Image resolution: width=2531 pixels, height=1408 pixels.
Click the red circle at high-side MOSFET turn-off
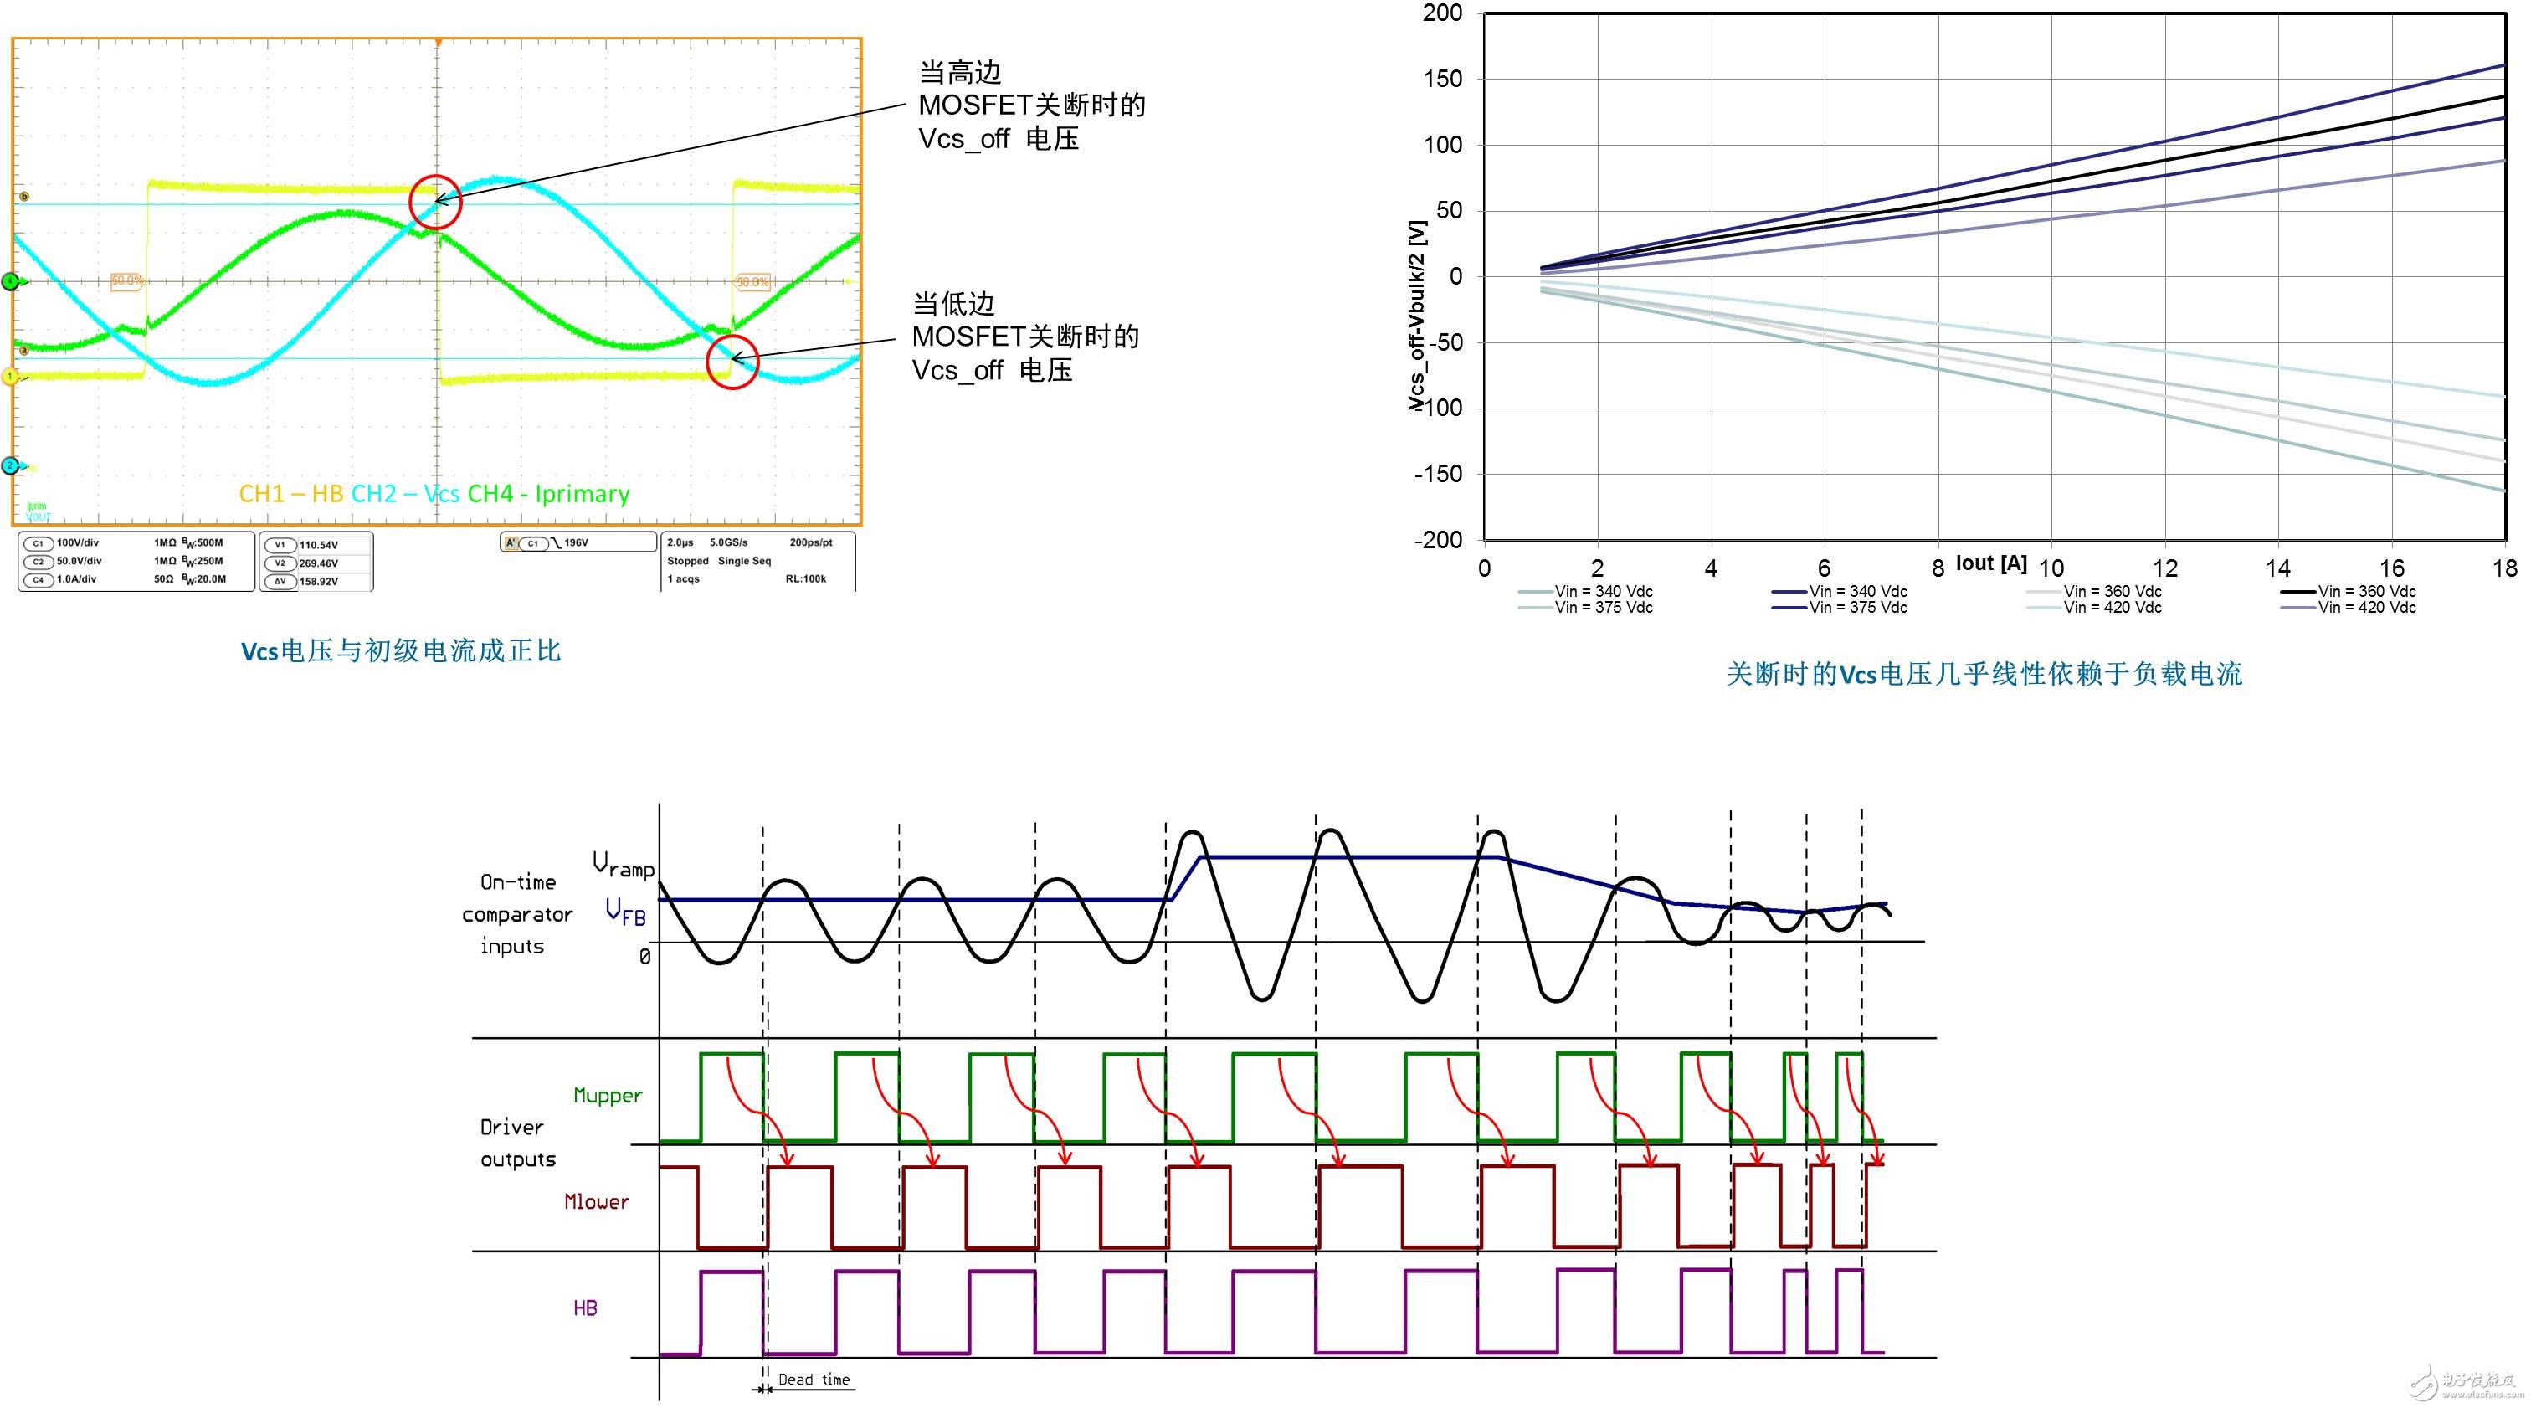[434, 202]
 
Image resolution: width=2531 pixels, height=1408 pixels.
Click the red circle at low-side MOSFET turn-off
[732, 361]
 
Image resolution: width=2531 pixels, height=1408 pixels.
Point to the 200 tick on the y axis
[1442, 13]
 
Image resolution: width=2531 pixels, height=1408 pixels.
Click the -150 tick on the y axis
[1439, 474]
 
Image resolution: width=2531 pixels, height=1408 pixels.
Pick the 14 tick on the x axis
[2277, 568]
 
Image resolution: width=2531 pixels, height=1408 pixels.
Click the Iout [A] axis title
[1990, 563]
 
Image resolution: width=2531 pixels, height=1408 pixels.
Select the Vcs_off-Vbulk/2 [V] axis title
[1416, 315]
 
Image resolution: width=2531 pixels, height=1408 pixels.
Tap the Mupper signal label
[607, 1096]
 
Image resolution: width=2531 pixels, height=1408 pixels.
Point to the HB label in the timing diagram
[584, 1308]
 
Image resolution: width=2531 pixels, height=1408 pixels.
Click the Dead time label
[814, 1380]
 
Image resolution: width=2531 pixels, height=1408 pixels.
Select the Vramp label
[623, 865]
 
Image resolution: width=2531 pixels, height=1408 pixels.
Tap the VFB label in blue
[626, 911]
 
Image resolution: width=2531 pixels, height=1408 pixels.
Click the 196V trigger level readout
[576, 542]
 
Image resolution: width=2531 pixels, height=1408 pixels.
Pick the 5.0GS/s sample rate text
[728, 542]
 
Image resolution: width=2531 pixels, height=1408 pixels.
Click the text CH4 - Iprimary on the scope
[548, 493]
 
